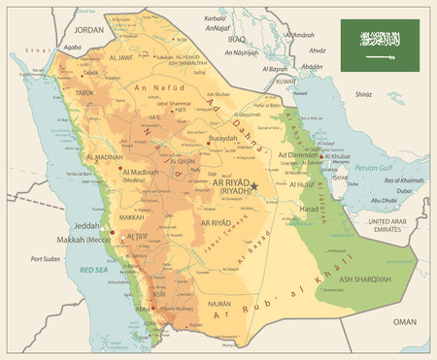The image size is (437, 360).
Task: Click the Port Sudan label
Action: click(x=46, y=259)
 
